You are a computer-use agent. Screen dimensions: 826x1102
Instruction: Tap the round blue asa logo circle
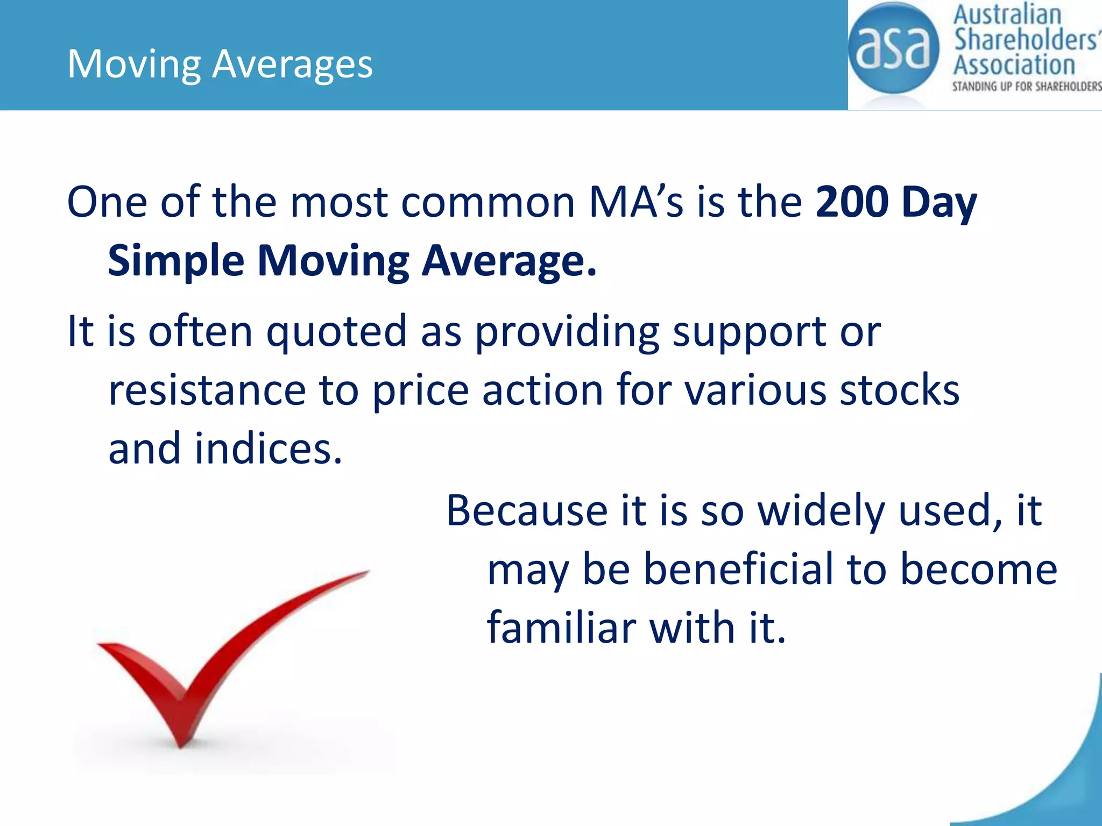coord(893,48)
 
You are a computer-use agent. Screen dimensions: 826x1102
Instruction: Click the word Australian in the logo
coord(1007,15)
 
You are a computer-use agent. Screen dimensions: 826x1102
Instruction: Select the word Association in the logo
coord(1014,65)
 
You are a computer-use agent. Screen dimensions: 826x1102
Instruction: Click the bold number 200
coord(852,202)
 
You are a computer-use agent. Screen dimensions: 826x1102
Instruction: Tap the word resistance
coord(207,390)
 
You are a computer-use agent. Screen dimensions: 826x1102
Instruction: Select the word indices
coord(268,449)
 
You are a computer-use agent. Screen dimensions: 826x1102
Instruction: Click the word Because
coord(527,510)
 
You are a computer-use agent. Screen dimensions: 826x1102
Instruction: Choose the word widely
coord(821,511)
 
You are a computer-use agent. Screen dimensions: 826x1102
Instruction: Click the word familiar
coord(561,628)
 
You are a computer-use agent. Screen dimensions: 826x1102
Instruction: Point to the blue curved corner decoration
coord(1055,774)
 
